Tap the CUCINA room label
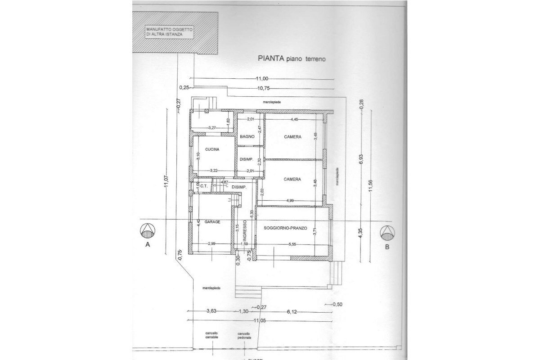point(211,149)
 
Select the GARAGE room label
point(212,222)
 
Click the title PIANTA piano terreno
point(291,58)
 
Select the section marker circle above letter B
point(387,233)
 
